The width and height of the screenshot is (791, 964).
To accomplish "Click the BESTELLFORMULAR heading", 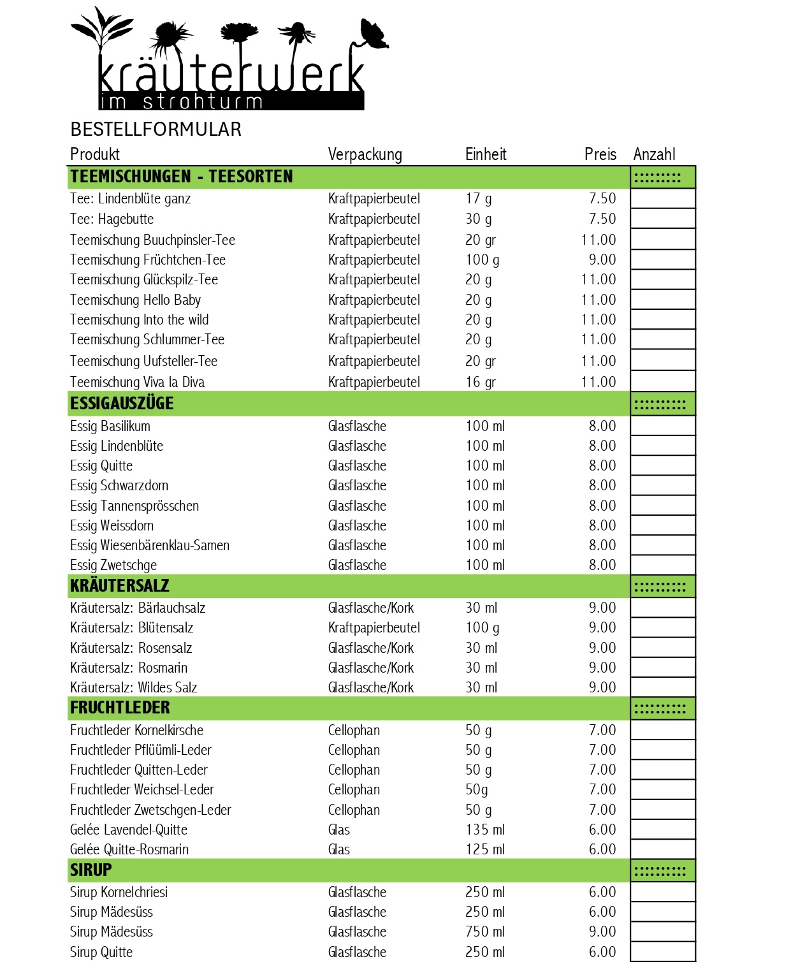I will point(156,129).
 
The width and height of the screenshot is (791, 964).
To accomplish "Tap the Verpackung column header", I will point(365,154).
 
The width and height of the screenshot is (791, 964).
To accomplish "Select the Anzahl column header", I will point(654,154).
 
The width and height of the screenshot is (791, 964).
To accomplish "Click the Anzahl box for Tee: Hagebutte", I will point(662,219).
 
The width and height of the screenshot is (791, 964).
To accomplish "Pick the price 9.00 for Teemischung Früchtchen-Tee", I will point(602,259).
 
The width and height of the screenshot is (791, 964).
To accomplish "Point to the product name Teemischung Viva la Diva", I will point(137,382).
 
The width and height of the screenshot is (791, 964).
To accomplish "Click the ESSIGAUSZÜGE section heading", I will point(122,404).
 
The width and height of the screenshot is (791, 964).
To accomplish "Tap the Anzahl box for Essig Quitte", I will point(662,465).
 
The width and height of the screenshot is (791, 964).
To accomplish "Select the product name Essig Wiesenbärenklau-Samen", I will point(150,545).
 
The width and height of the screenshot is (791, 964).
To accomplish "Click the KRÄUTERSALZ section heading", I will point(120,586).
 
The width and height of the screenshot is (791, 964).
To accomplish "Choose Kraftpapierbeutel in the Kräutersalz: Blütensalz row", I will point(374,627).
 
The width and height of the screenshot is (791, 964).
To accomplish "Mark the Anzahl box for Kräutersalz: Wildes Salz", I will point(662,687).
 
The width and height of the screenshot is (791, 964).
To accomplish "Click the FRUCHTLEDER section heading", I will point(120,708).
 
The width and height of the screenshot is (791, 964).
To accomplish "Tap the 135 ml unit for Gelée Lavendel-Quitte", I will point(485,829).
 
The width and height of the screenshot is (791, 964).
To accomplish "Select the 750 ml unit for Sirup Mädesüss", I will point(485,931).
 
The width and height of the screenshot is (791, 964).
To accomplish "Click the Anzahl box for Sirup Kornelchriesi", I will point(662,892).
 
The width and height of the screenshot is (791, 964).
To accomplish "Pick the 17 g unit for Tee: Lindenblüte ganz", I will point(478,198).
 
